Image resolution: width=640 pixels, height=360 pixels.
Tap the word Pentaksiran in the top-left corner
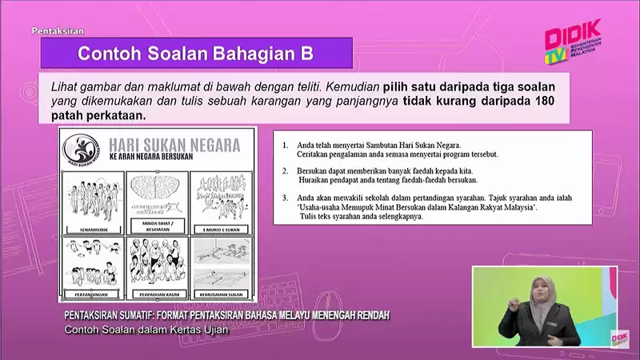[x=58, y=31]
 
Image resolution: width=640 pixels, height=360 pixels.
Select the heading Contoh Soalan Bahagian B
[x=195, y=54]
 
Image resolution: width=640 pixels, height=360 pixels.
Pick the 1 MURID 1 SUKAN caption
[x=219, y=228]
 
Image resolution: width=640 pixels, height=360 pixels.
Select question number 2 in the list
[x=286, y=171]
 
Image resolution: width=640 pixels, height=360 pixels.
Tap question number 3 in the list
[x=286, y=197]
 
